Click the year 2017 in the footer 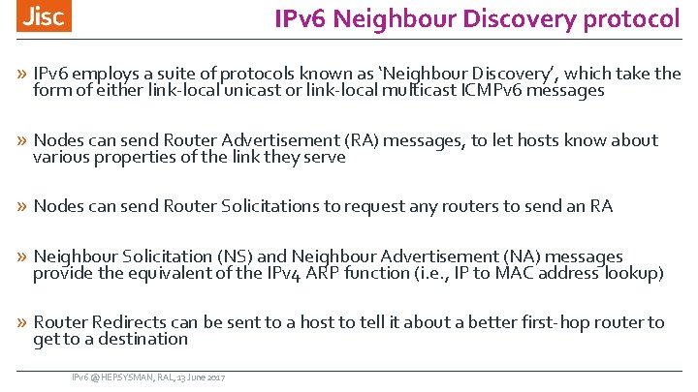click(x=214, y=376)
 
